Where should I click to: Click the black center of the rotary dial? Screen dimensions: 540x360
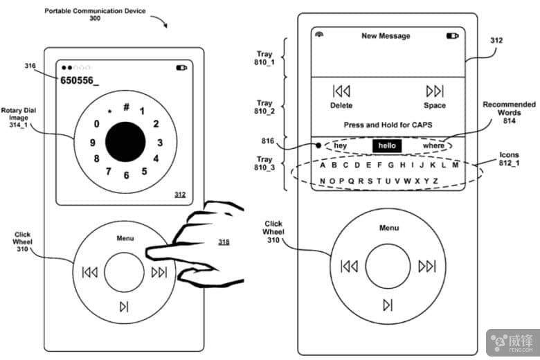pyautogui.click(x=125, y=142)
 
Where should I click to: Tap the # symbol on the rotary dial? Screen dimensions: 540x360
pyautogui.click(x=127, y=107)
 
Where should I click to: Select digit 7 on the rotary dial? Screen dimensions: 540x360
pyautogui.click(x=109, y=171)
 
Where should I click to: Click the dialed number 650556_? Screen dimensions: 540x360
pyautogui.click(x=80, y=80)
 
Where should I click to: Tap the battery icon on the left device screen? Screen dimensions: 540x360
pyautogui.click(x=181, y=68)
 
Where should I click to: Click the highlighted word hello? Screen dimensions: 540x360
pyautogui.click(x=387, y=145)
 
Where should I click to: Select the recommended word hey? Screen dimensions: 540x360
pyautogui.click(x=340, y=145)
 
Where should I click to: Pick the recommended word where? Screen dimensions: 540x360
pyautogui.click(x=433, y=145)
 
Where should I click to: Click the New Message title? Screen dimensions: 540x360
pyautogui.click(x=386, y=36)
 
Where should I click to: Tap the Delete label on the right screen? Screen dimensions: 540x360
pyautogui.click(x=341, y=105)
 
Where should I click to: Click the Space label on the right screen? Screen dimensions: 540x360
pyautogui.click(x=435, y=105)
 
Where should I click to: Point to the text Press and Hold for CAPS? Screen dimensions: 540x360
pyautogui.click(x=388, y=125)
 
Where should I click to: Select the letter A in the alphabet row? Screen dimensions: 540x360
pyautogui.click(x=323, y=165)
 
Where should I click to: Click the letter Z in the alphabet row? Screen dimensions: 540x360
pyautogui.click(x=435, y=181)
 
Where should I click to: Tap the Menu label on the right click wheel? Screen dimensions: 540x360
pyautogui.click(x=389, y=228)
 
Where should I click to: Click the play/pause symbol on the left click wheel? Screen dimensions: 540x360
pyautogui.click(x=124, y=306)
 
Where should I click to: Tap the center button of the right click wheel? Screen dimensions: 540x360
pyautogui.click(x=388, y=266)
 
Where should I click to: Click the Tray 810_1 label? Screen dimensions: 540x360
pyautogui.click(x=264, y=58)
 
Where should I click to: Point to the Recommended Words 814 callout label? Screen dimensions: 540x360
pyautogui.click(x=509, y=112)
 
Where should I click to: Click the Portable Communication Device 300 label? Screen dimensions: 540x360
pyautogui.click(x=95, y=15)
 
